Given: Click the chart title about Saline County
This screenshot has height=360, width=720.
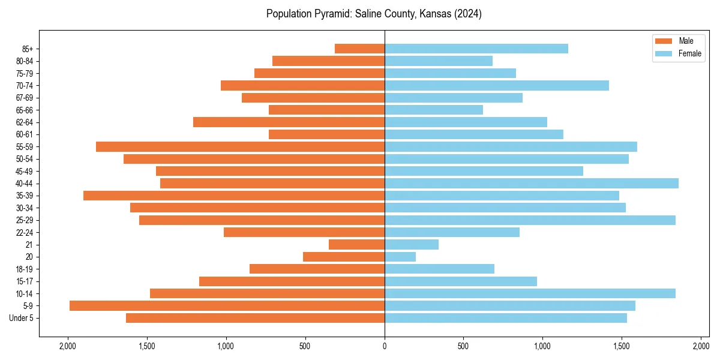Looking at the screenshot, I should [374, 14].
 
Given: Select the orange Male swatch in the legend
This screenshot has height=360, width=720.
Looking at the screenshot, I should [664, 41].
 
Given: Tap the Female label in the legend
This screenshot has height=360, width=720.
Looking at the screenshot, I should [690, 53].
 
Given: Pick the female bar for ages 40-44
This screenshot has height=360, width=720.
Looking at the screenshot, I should [531, 183].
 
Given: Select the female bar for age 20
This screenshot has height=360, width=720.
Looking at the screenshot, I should [400, 257].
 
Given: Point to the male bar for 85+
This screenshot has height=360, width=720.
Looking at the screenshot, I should [359, 49].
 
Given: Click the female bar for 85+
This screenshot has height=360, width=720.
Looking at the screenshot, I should [476, 49].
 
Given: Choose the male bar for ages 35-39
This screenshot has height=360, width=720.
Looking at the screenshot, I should [234, 196].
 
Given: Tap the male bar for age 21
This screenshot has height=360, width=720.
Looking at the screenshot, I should [356, 244].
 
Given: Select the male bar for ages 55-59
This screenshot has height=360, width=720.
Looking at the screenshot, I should [240, 146].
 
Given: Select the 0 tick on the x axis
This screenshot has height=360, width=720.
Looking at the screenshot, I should [385, 346].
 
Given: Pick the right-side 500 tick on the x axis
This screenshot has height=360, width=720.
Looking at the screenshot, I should [463, 346].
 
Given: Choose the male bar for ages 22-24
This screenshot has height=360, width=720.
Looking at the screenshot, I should [304, 232].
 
